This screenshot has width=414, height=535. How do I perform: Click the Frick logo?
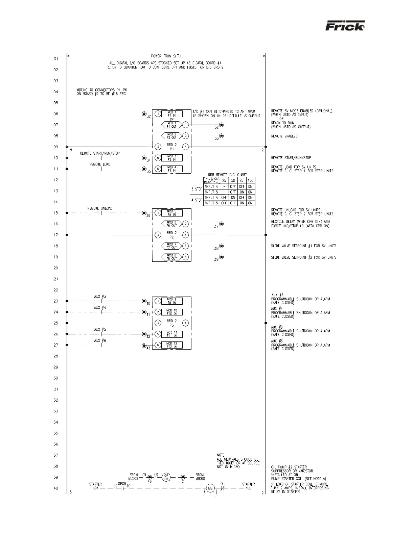pos(345,26)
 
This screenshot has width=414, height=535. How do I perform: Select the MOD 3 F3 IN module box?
pos(172,158)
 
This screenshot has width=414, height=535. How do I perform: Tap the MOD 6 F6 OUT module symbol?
pos(171,224)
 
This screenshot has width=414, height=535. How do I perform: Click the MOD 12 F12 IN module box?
pos(172,345)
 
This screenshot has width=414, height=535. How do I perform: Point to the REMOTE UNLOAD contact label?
pos(100,208)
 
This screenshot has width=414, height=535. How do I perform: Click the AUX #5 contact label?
pos(100,329)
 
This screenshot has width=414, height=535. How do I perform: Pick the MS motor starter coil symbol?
pos(210,488)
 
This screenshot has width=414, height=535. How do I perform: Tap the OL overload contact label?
pos(223,484)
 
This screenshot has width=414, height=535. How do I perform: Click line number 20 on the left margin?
pos(56,268)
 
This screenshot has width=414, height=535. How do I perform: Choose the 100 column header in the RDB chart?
pos(250,180)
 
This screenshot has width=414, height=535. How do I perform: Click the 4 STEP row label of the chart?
pos(197,200)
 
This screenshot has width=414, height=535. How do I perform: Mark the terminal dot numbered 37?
pos(222,224)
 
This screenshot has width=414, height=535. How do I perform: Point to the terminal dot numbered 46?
pos(150,477)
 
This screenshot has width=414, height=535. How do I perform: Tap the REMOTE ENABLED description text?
pos(284,136)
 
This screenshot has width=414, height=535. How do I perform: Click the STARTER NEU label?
pos(248,486)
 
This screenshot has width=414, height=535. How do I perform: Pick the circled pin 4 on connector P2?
pos(186,235)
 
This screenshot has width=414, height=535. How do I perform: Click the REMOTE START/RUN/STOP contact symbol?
pos(100,158)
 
